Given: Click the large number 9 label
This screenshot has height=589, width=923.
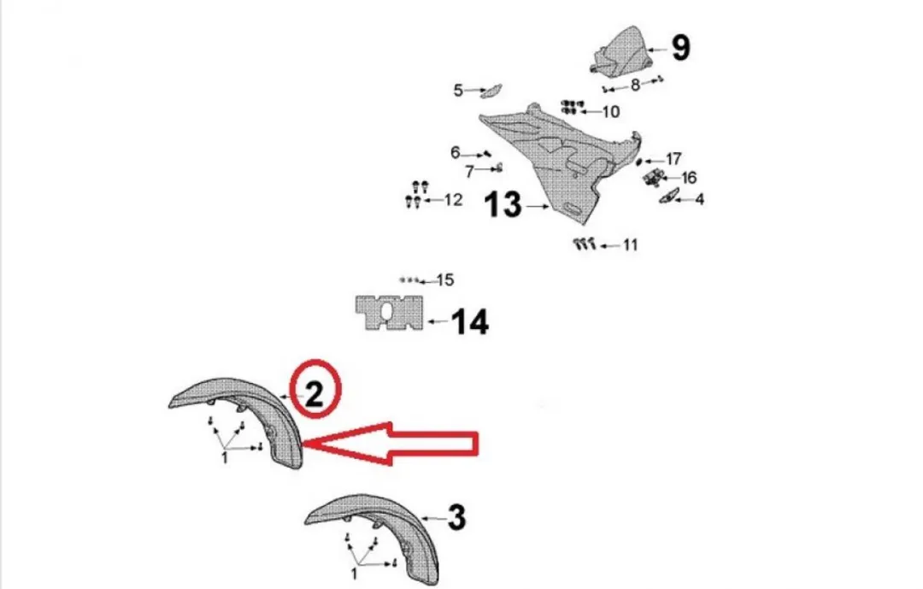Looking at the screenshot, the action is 680,48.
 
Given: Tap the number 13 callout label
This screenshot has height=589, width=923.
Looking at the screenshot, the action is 503,205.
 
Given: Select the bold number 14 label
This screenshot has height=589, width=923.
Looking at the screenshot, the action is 470,321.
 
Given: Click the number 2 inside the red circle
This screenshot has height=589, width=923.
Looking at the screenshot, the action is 315,392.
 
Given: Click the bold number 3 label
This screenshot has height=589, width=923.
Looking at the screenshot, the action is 456,518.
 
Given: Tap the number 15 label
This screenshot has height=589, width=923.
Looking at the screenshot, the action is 445,280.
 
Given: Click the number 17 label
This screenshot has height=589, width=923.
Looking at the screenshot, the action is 673,159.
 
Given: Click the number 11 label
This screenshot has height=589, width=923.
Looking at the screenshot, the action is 630,244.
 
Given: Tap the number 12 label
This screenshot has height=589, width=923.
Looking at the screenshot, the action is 453,200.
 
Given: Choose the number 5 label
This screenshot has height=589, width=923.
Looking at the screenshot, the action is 458,90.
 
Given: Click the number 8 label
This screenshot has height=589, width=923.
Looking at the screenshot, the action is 634,85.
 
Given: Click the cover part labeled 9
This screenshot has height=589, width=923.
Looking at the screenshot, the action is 621,52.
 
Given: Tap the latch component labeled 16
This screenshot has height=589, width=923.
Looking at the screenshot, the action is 654,177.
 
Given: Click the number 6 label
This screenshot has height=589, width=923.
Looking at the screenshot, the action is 455,152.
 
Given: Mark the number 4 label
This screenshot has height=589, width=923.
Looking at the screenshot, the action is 699,200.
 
